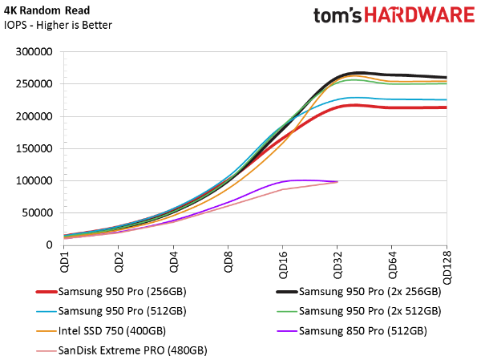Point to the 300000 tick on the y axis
click(34, 51)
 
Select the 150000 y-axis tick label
click(34, 148)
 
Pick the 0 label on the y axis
click(49, 245)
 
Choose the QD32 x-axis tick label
click(337, 261)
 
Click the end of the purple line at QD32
click(338, 182)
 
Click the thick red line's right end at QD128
click(446, 107)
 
